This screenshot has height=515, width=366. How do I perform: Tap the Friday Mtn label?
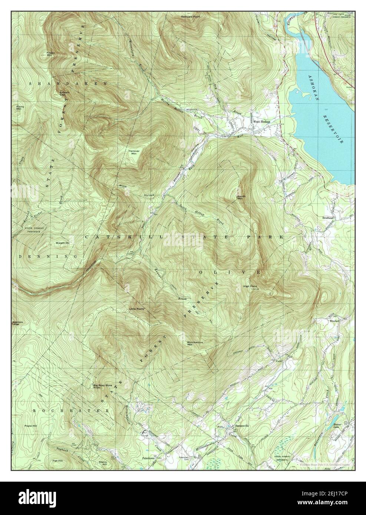click(51, 53)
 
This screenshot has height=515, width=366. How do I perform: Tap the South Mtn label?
click(241, 197)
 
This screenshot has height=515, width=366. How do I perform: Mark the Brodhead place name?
click(329, 218)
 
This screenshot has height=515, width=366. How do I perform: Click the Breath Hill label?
click(63, 243)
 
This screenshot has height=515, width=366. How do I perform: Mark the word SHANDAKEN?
click(68, 84)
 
